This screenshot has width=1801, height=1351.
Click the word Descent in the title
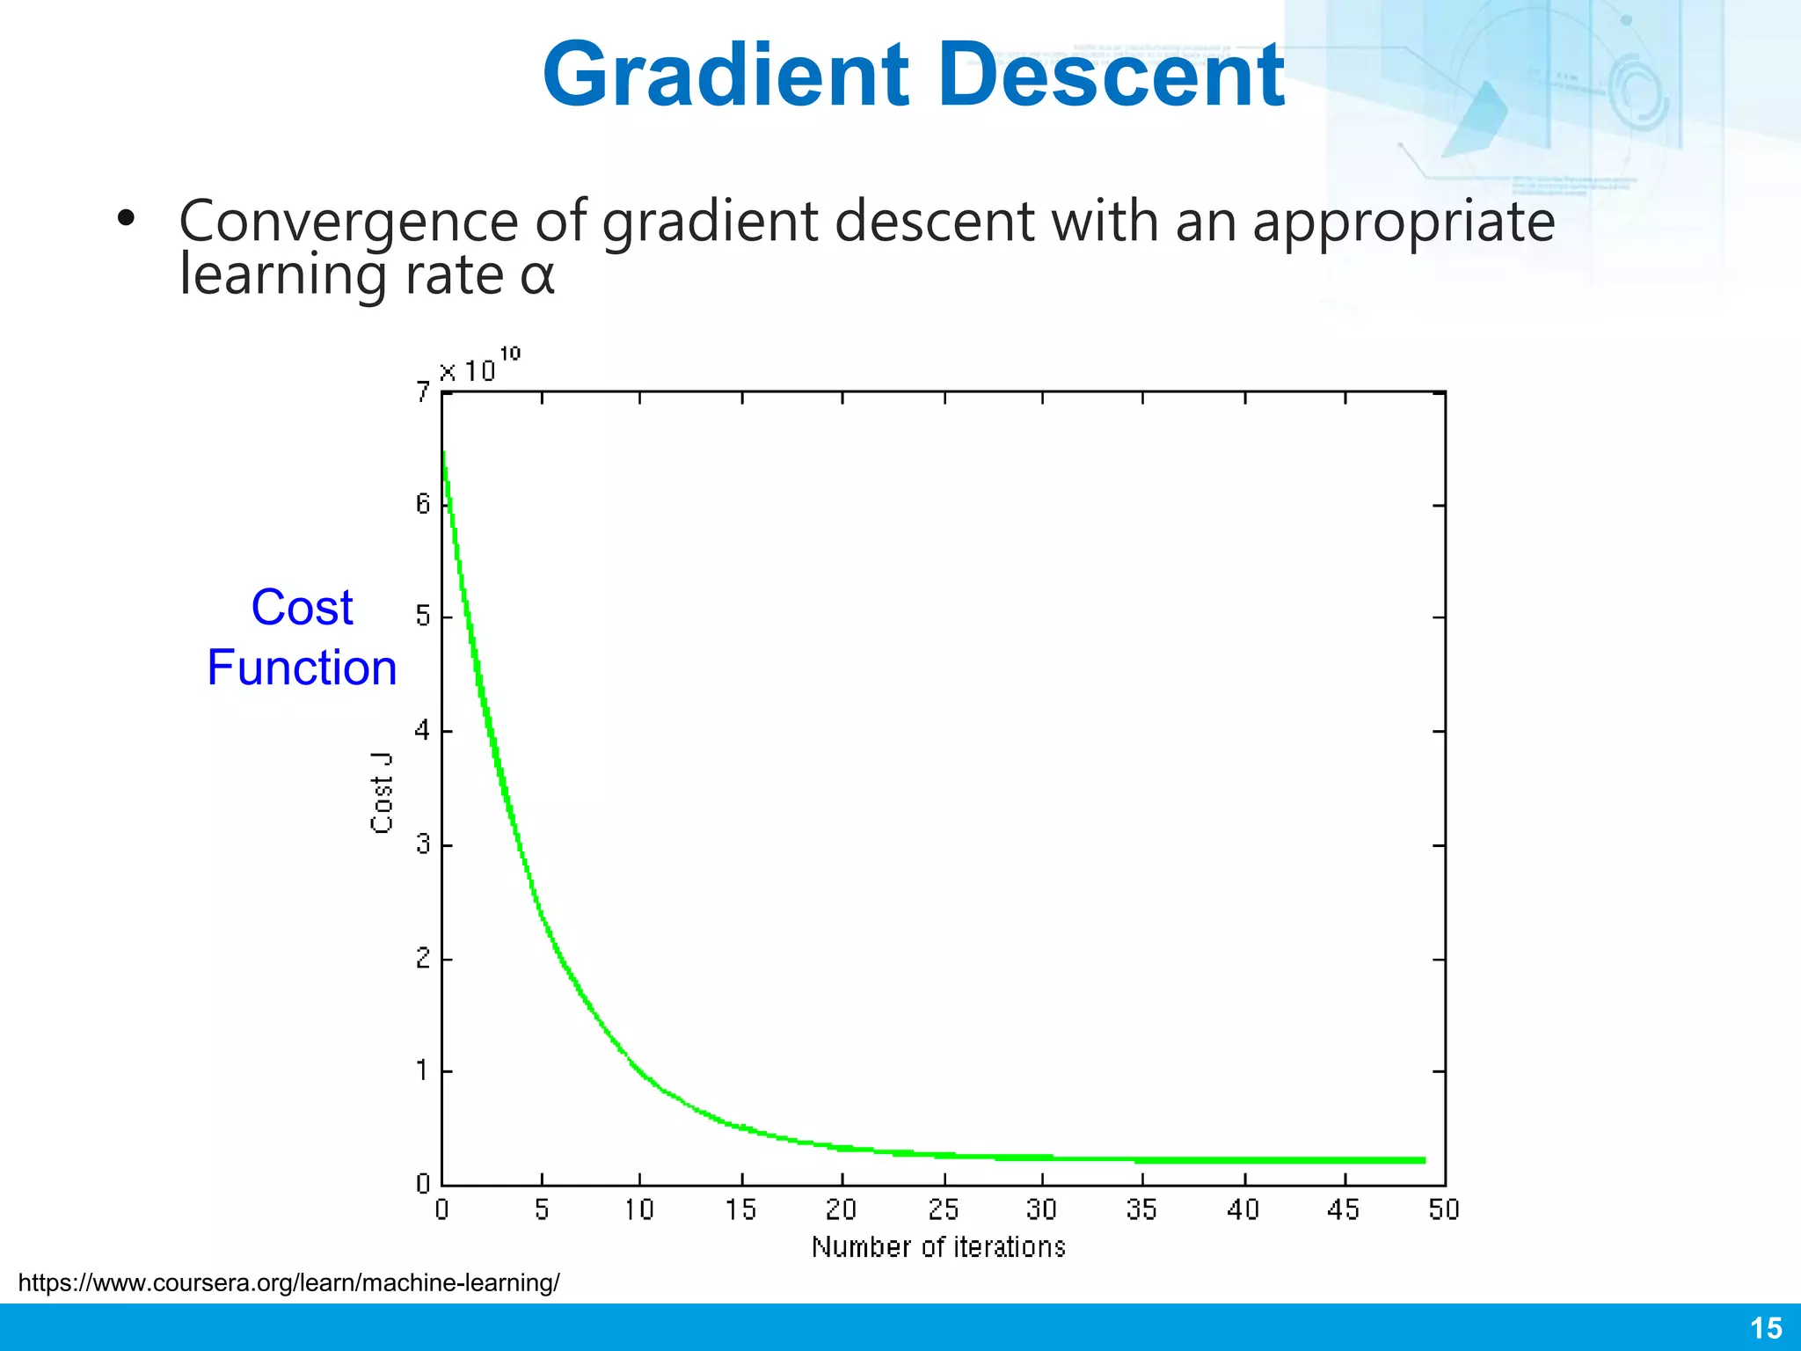pos(1112,77)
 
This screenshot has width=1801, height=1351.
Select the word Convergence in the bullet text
pos(348,222)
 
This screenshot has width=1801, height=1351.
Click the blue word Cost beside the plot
pos(302,608)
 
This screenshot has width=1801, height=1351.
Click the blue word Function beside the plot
pos(302,668)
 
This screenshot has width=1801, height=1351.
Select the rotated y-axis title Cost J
pos(381,792)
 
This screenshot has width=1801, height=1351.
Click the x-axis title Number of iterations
pos(938,1247)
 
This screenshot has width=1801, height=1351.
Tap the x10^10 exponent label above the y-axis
pos(479,367)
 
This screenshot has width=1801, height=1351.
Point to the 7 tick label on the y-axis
pos(423,392)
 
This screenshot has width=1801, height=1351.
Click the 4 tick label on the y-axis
pos(423,731)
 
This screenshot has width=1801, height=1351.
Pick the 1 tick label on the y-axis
pos(423,1071)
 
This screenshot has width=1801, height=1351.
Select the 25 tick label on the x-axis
pos(943,1210)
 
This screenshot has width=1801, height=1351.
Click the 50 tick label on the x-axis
pos(1443,1210)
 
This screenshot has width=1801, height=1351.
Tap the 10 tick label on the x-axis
pos(639,1210)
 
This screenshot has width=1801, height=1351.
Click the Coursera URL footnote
pos(288,1283)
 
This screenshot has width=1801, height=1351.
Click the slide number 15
pos(1766,1328)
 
